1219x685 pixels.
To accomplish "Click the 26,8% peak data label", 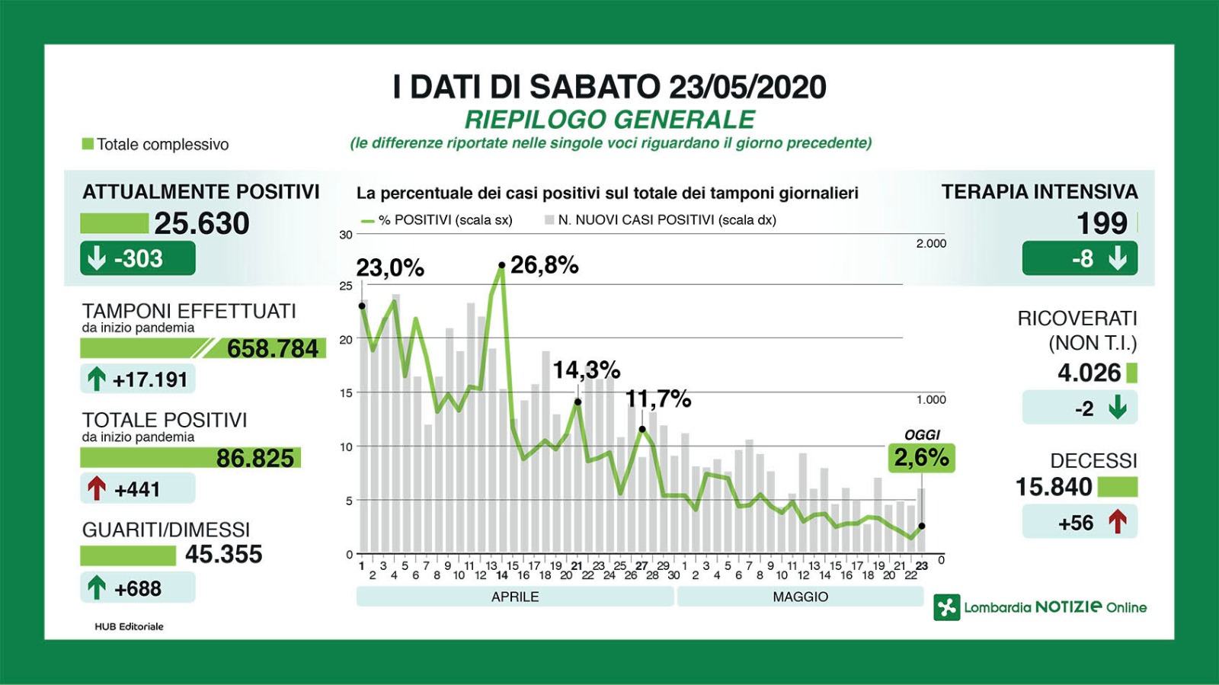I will [x=544, y=265].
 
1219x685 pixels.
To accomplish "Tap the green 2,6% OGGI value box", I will [x=921, y=457].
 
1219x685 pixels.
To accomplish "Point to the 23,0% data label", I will [x=390, y=268].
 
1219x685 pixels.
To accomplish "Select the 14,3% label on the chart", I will [x=586, y=370].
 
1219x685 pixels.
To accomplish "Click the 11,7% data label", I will [x=658, y=399].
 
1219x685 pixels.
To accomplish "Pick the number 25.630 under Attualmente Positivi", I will [x=202, y=223].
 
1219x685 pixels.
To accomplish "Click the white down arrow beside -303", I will [x=97, y=258].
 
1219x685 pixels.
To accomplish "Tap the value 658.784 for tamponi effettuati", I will [x=273, y=348].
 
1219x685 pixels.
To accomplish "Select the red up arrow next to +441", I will [x=97, y=488].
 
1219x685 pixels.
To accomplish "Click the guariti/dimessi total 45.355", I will [x=223, y=554].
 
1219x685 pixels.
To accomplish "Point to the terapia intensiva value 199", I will [x=1101, y=223].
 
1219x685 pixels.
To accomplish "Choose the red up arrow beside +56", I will [x=1117, y=523].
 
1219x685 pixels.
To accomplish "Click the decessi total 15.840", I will [x=1054, y=487].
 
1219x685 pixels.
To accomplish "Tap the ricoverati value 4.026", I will [x=1089, y=373].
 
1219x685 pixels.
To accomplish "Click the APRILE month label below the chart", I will [x=515, y=597].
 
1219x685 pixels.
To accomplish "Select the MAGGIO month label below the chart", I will [x=800, y=597].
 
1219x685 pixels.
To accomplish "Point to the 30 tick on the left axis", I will [x=346, y=235].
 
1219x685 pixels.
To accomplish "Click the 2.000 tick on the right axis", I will [x=931, y=244].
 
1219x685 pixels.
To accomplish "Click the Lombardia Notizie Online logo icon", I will [x=947, y=607].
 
